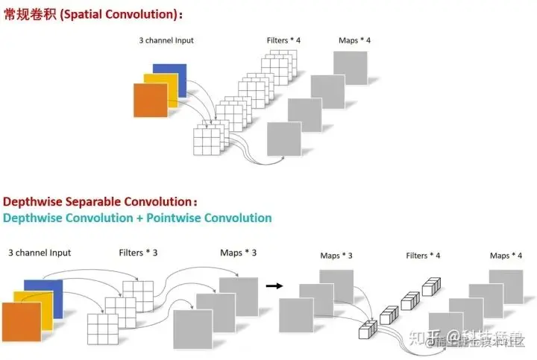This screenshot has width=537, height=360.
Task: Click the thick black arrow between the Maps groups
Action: [x=274, y=285]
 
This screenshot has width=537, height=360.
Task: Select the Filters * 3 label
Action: [x=138, y=253]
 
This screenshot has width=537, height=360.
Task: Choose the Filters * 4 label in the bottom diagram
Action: [x=423, y=256]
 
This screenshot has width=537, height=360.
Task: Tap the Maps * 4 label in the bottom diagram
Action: [x=506, y=256]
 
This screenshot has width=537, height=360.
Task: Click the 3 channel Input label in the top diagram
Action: [x=166, y=40]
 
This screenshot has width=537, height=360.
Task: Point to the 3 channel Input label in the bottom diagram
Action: [x=40, y=253]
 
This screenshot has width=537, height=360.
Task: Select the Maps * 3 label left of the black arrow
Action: [x=238, y=253]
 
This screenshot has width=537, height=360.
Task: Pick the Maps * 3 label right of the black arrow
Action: [x=336, y=256]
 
